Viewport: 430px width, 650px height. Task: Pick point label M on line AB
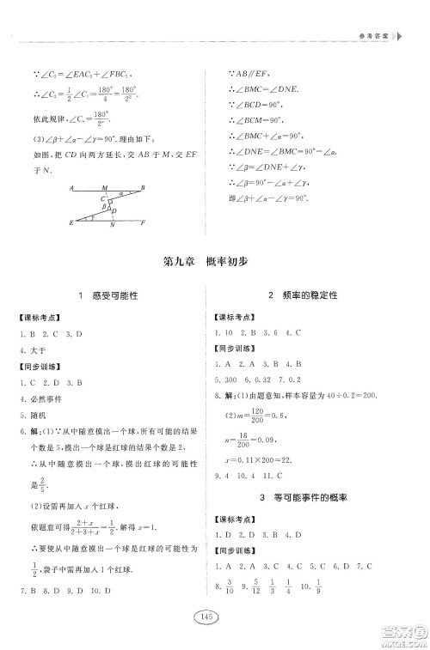(104, 186)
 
